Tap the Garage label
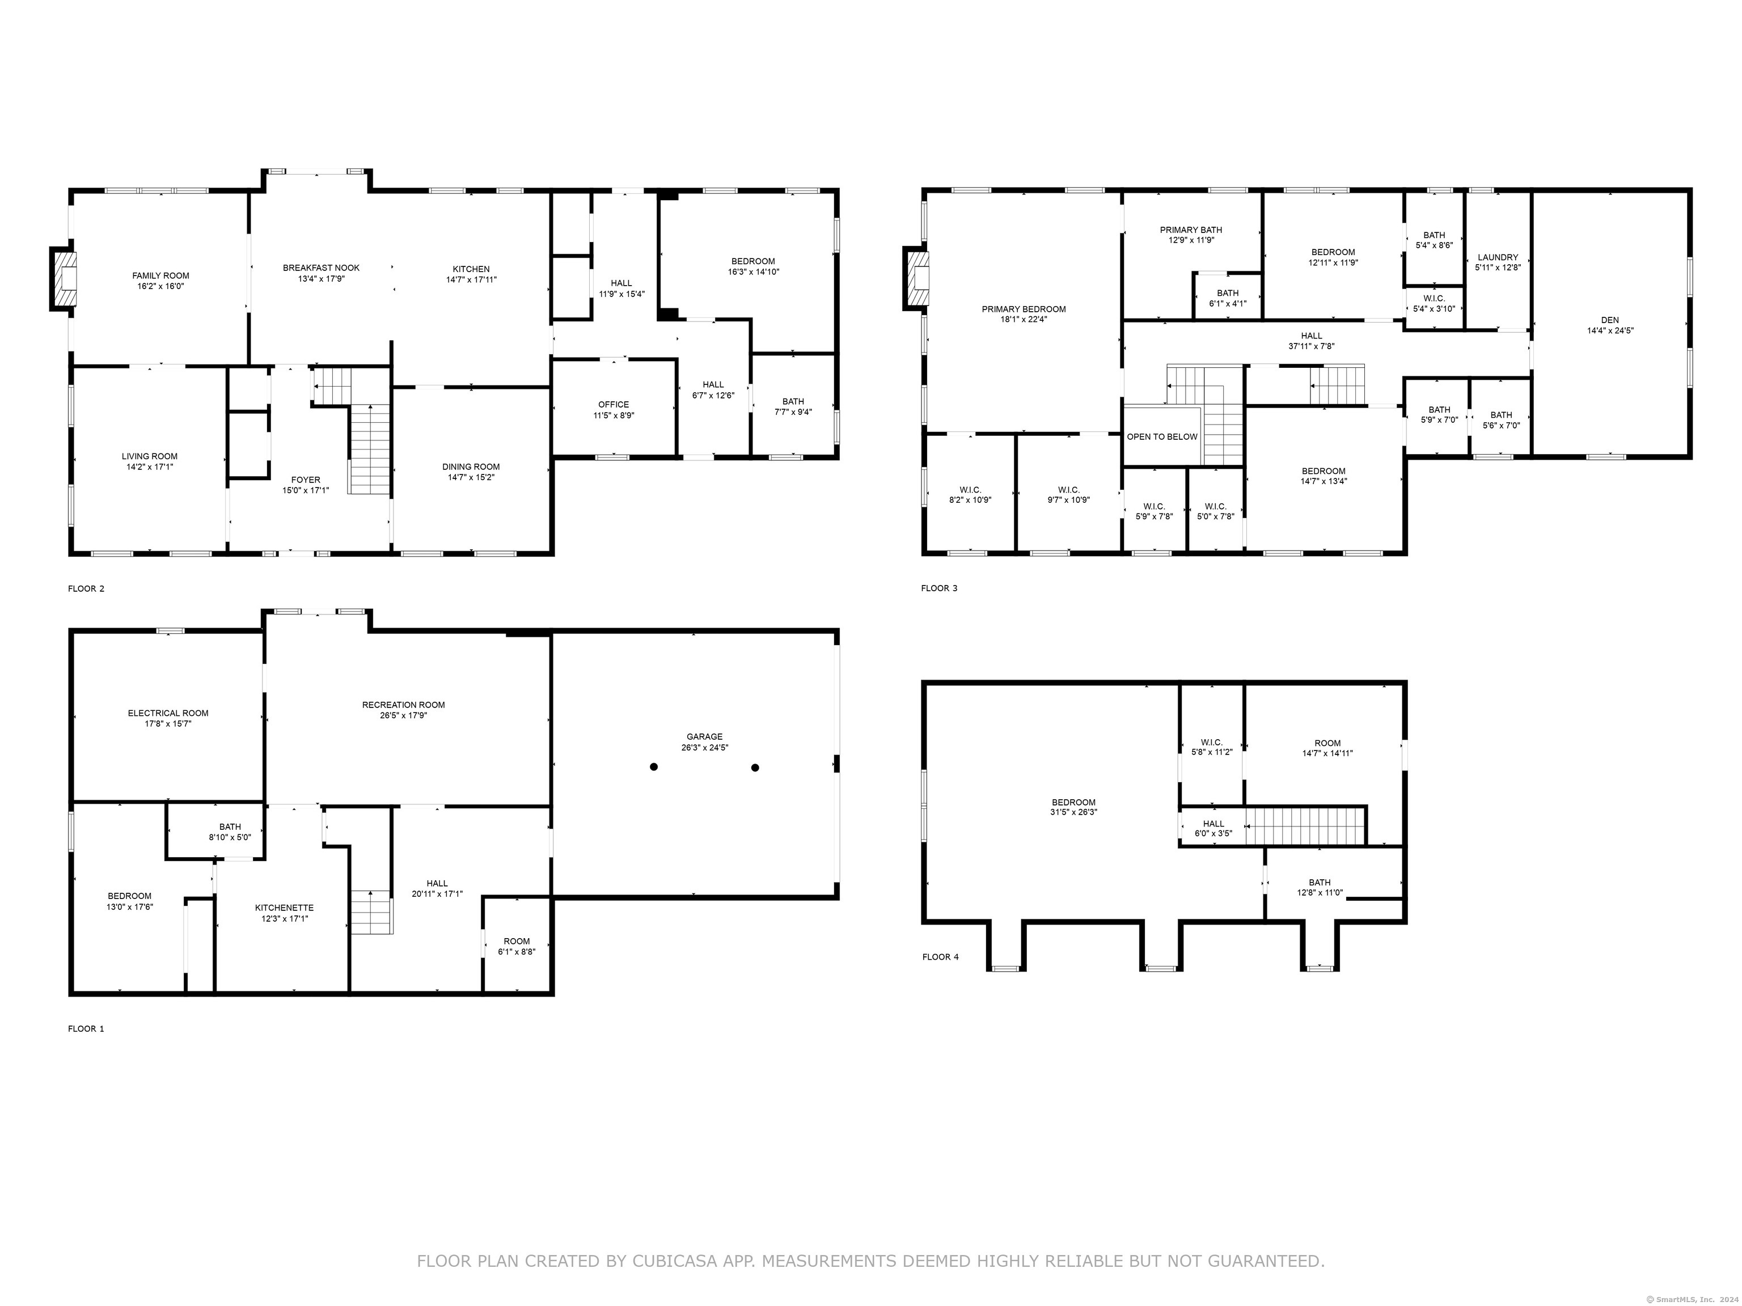tap(704, 737)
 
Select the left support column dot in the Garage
tap(654, 767)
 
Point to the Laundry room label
tap(1497, 257)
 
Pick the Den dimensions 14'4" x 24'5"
tap(1610, 330)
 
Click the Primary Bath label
tap(1191, 230)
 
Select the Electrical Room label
tap(168, 713)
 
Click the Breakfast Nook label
tap(322, 268)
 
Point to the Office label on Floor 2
tap(614, 405)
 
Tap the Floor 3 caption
tap(940, 588)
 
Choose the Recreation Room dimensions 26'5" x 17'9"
tap(403, 715)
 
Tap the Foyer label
tap(306, 480)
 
